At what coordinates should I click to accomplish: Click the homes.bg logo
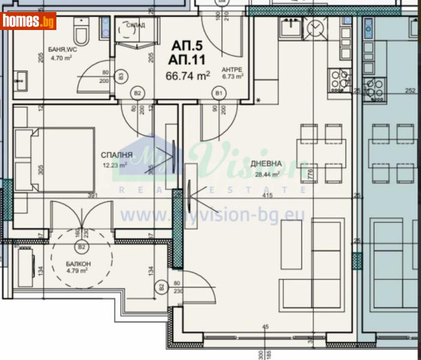[29, 20]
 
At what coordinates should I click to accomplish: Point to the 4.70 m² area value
[61, 58]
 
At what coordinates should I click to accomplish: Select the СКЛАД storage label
[136, 25]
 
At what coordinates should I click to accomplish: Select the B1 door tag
[219, 93]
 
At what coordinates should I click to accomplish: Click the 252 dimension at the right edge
[410, 91]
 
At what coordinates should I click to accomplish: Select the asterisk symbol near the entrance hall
[258, 100]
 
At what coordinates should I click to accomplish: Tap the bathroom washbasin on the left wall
[22, 78]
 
